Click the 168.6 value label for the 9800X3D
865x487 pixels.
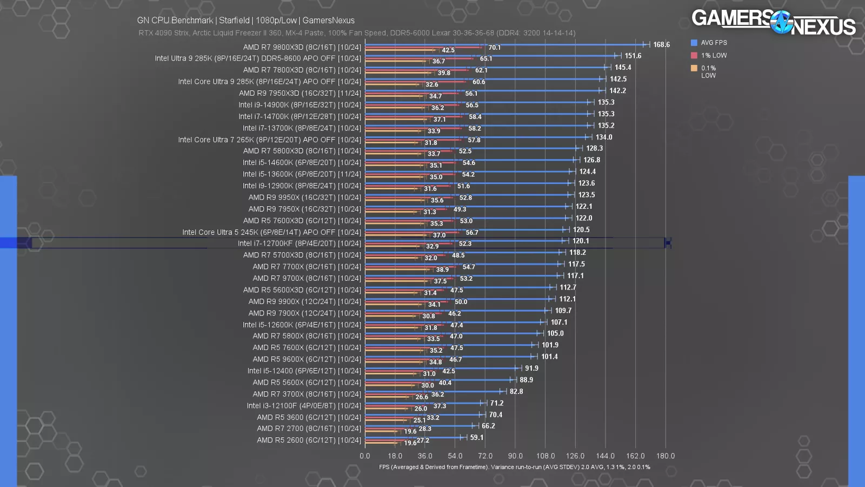click(x=661, y=44)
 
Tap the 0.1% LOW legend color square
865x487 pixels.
click(x=694, y=68)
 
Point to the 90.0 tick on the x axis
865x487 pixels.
click(x=515, y=456)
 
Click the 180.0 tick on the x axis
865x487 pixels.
click(x=665, y=456)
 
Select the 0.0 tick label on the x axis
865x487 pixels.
click(x=365, y=456)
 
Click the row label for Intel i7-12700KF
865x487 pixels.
click(x=299, y=243)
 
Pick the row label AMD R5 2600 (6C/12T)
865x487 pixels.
click(x=309, y=440)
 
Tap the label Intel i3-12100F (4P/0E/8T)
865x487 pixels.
click(x=304, y=405)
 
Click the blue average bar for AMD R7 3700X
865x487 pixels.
click(x=432, y=391)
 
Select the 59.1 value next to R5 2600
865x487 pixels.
click(x=476, y=437)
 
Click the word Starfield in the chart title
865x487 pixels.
click(x=234, y=20)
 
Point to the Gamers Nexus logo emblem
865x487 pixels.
click(x=781, y=22)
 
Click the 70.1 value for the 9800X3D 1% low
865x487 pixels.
click(x=494, y=48)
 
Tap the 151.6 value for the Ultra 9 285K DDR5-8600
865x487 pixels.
click(x=633, y=56)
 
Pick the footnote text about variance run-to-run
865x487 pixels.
click(x=514, y=467)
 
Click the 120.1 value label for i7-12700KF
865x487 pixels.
click(x=581, y=241)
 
